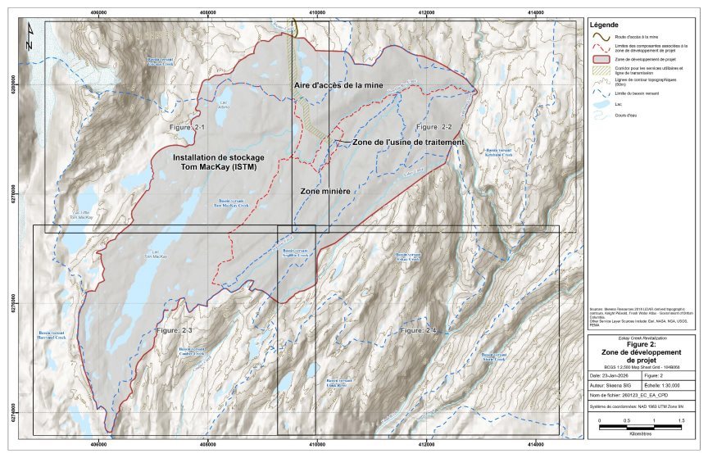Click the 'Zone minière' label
pyautogui.click(x=325, y=191)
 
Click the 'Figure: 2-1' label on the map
pyautogui.click(x=186, y=129)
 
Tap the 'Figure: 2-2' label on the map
pyautogui.click(x=433, y=128)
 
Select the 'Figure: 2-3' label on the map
pyautogui.click(x=174, y=329)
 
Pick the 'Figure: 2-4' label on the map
pyautogui.click(x=419, y=329)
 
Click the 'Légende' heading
pyautogui.click(x=606, y=25)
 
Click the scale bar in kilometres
pyautogui.click(x=640, y=424)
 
